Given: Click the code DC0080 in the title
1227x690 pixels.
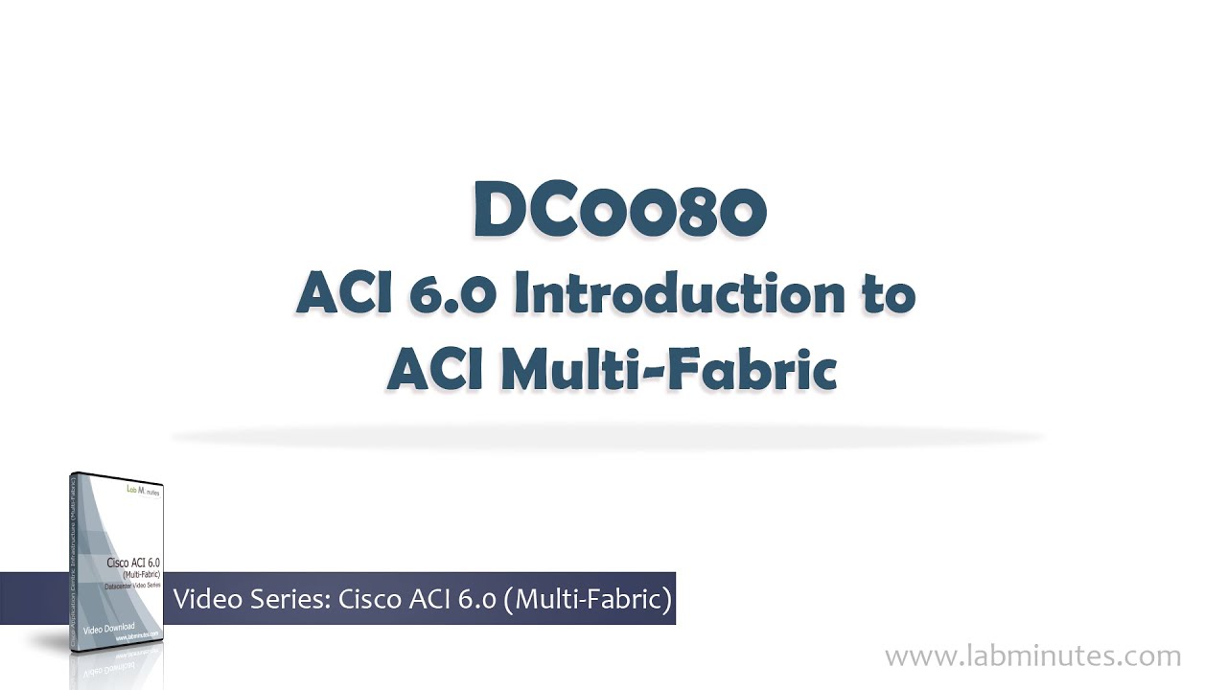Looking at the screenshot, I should click(619, 212).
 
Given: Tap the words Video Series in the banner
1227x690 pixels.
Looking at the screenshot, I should click(251, 600).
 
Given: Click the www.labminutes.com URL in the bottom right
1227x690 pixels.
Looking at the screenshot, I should click(1032, 656).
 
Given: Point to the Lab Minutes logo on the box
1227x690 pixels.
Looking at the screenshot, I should click(144, 491).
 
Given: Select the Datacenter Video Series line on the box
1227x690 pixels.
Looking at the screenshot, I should click(133, 584).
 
